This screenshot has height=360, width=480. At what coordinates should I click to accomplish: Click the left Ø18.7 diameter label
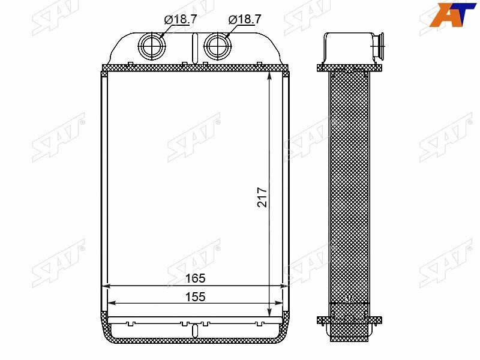click(181, 20)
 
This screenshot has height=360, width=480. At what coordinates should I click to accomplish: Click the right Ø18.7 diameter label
click(245, 20)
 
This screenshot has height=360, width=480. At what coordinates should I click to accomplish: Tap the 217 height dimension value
click(262, 197)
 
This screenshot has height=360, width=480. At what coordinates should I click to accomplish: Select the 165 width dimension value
click(196, 278)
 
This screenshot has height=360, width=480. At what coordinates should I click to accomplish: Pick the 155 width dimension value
click(196, 297)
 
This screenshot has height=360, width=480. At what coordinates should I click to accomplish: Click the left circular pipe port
click(152, 46)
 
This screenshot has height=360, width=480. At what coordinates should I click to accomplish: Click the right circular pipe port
click(218, 46)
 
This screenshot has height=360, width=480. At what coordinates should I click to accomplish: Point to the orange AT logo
click(453, 14)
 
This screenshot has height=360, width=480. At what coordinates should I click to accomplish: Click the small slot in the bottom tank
click(194, 331)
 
